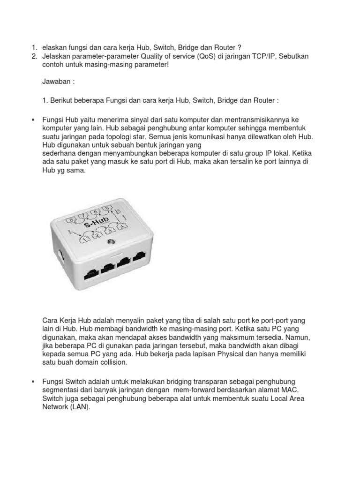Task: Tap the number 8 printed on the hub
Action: click(72, 219)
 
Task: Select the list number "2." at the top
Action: click(34, 56)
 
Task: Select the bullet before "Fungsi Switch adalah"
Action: click(33, 382)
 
